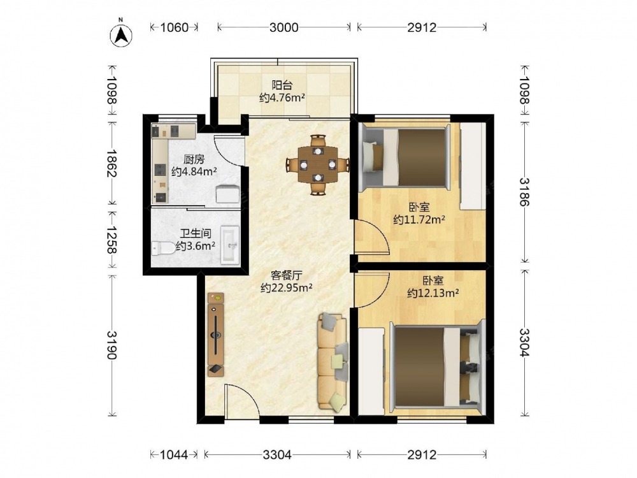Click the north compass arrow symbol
pos(120,35)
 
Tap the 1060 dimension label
pos(175,27)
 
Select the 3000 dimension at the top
pos(284,27)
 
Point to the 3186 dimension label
pos(524,192)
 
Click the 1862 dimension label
pos(111,163)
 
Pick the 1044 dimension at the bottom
pos(175,454)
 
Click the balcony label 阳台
pos(282,85)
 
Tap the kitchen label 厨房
pos(194,159)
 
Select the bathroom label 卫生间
pos(196,234)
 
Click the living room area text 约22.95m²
pos(287,288)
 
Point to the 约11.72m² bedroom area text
pos(419,220)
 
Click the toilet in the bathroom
pos(163,247)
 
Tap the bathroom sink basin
pos(231,245)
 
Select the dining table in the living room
pos(318,164)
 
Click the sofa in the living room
pos(333,361)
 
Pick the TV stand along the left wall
pos(216,334)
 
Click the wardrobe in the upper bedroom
pos(473,166)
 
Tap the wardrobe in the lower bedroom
pos(371,372)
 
